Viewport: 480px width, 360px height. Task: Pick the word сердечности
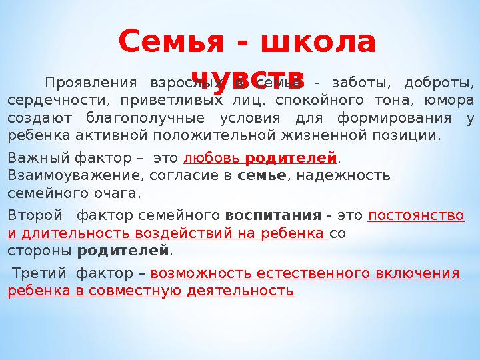(56, 101)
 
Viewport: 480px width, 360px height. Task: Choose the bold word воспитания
(275, 217)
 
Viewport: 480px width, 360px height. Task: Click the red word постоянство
(416, 217)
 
